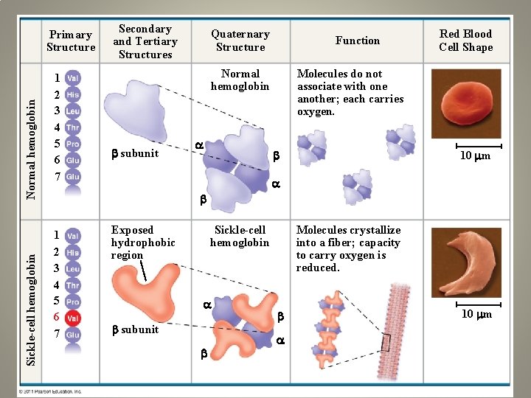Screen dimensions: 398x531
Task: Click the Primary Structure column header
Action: [x=71, y=41]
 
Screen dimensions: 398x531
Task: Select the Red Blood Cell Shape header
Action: [x=465, y=41]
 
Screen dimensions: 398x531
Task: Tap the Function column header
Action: [x=357, y=41]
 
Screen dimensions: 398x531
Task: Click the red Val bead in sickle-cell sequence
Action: [x=73, y=318]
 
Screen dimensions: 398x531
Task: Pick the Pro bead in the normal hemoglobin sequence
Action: [x=73, y=144]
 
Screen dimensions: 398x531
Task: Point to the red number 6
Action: [x=56, y=318]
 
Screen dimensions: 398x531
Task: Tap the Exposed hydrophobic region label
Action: [x=143, y=242]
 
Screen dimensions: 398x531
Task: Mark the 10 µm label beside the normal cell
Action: [x=475, y=156]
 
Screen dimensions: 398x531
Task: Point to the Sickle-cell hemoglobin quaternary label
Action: [x=240, y=236]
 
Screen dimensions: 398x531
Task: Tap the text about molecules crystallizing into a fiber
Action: [x=348, y=249]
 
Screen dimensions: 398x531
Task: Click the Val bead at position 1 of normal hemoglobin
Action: [x=73, y=77]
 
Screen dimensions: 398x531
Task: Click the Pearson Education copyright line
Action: [x=52, y=391]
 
